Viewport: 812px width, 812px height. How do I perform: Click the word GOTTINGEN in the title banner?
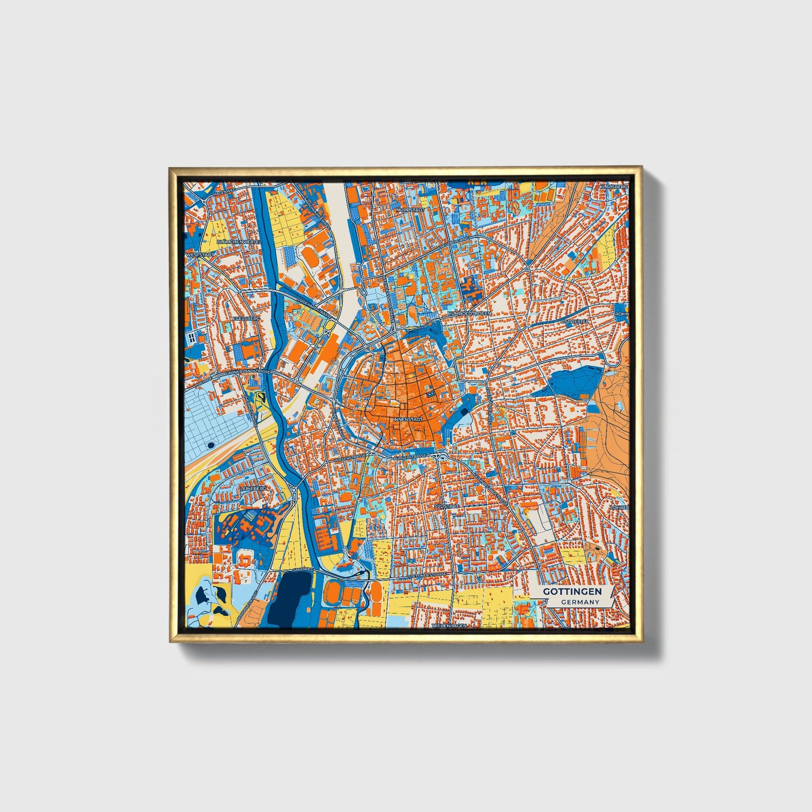pos(572,592)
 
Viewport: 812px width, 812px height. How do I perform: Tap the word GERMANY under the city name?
pos(579,602)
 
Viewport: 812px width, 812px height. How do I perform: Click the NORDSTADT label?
pos(409,209)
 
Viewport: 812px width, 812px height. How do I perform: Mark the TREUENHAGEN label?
pos(449,625)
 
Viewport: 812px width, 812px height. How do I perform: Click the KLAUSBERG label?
pos(613,187)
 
